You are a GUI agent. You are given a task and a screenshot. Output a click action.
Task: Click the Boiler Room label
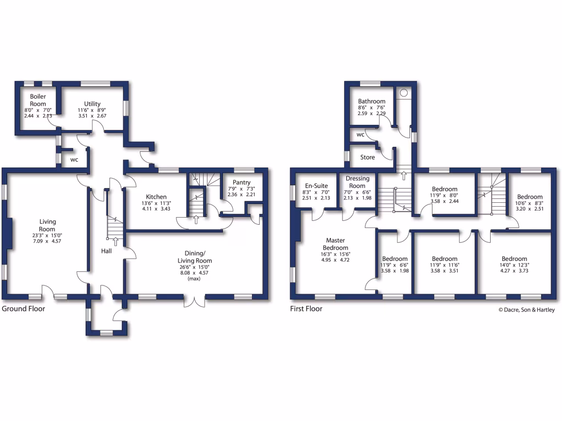(38, 100)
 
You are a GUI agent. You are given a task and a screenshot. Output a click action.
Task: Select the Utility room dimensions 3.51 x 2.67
(92, 116)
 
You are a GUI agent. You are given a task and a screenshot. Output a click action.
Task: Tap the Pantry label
(241, 182)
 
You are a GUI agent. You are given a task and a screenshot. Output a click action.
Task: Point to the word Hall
(107, 251)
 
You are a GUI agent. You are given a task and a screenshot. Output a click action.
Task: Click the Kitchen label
(156, 197)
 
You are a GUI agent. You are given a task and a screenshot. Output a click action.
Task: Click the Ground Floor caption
(24, 309)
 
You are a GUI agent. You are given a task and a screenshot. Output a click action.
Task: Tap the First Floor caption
(306, 309)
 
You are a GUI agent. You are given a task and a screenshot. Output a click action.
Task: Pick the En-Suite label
(316, 186)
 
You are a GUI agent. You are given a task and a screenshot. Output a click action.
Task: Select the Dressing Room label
(357, 182)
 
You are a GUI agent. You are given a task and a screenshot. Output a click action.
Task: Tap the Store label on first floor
(368, 157)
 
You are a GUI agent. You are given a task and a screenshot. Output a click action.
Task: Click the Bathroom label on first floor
(372, 101)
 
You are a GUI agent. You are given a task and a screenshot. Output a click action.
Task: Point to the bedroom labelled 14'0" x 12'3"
(514, 259)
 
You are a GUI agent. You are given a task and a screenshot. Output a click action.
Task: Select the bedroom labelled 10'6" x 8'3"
(530, 197)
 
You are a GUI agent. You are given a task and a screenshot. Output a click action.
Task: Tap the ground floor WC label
(74, 160)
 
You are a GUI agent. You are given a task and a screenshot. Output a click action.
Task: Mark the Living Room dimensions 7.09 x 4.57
(47, 241)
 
